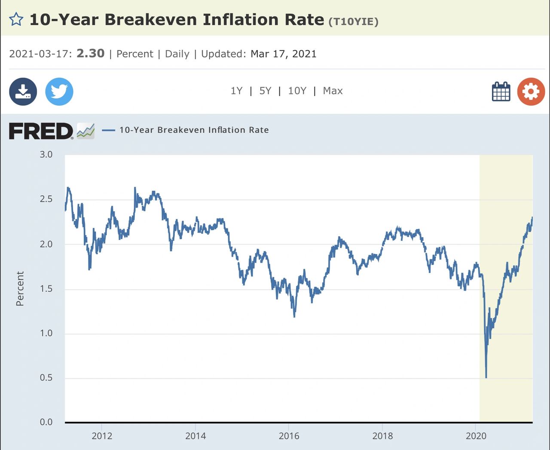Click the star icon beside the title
click(x=16, y=19)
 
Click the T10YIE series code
click(x=353, y=22)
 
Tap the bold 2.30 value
click(x=90, y=53)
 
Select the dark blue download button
click(x=23, y=91)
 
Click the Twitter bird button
click(x=59, y=91)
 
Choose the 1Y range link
click(x=236, y=91)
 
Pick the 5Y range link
click(x=265, y=91)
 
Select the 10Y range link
click(x=297, y=91)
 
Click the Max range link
click(x=333, y=91)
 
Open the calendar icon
click(x=501, y=91)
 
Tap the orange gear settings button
click(x=531, y=91)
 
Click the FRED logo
click(x=41, y=131)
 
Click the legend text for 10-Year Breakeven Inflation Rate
click(x=194, y=130)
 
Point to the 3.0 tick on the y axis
click(x=46, y=155)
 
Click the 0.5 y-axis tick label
click(x=46, y=378)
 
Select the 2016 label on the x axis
click(x=289, y=436)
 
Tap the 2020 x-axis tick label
click(x=476, y=436)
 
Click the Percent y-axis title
click(x=20, y=289)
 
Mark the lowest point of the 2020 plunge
click(x=486, y=377)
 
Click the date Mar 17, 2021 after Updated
click(x=283, y=54)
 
